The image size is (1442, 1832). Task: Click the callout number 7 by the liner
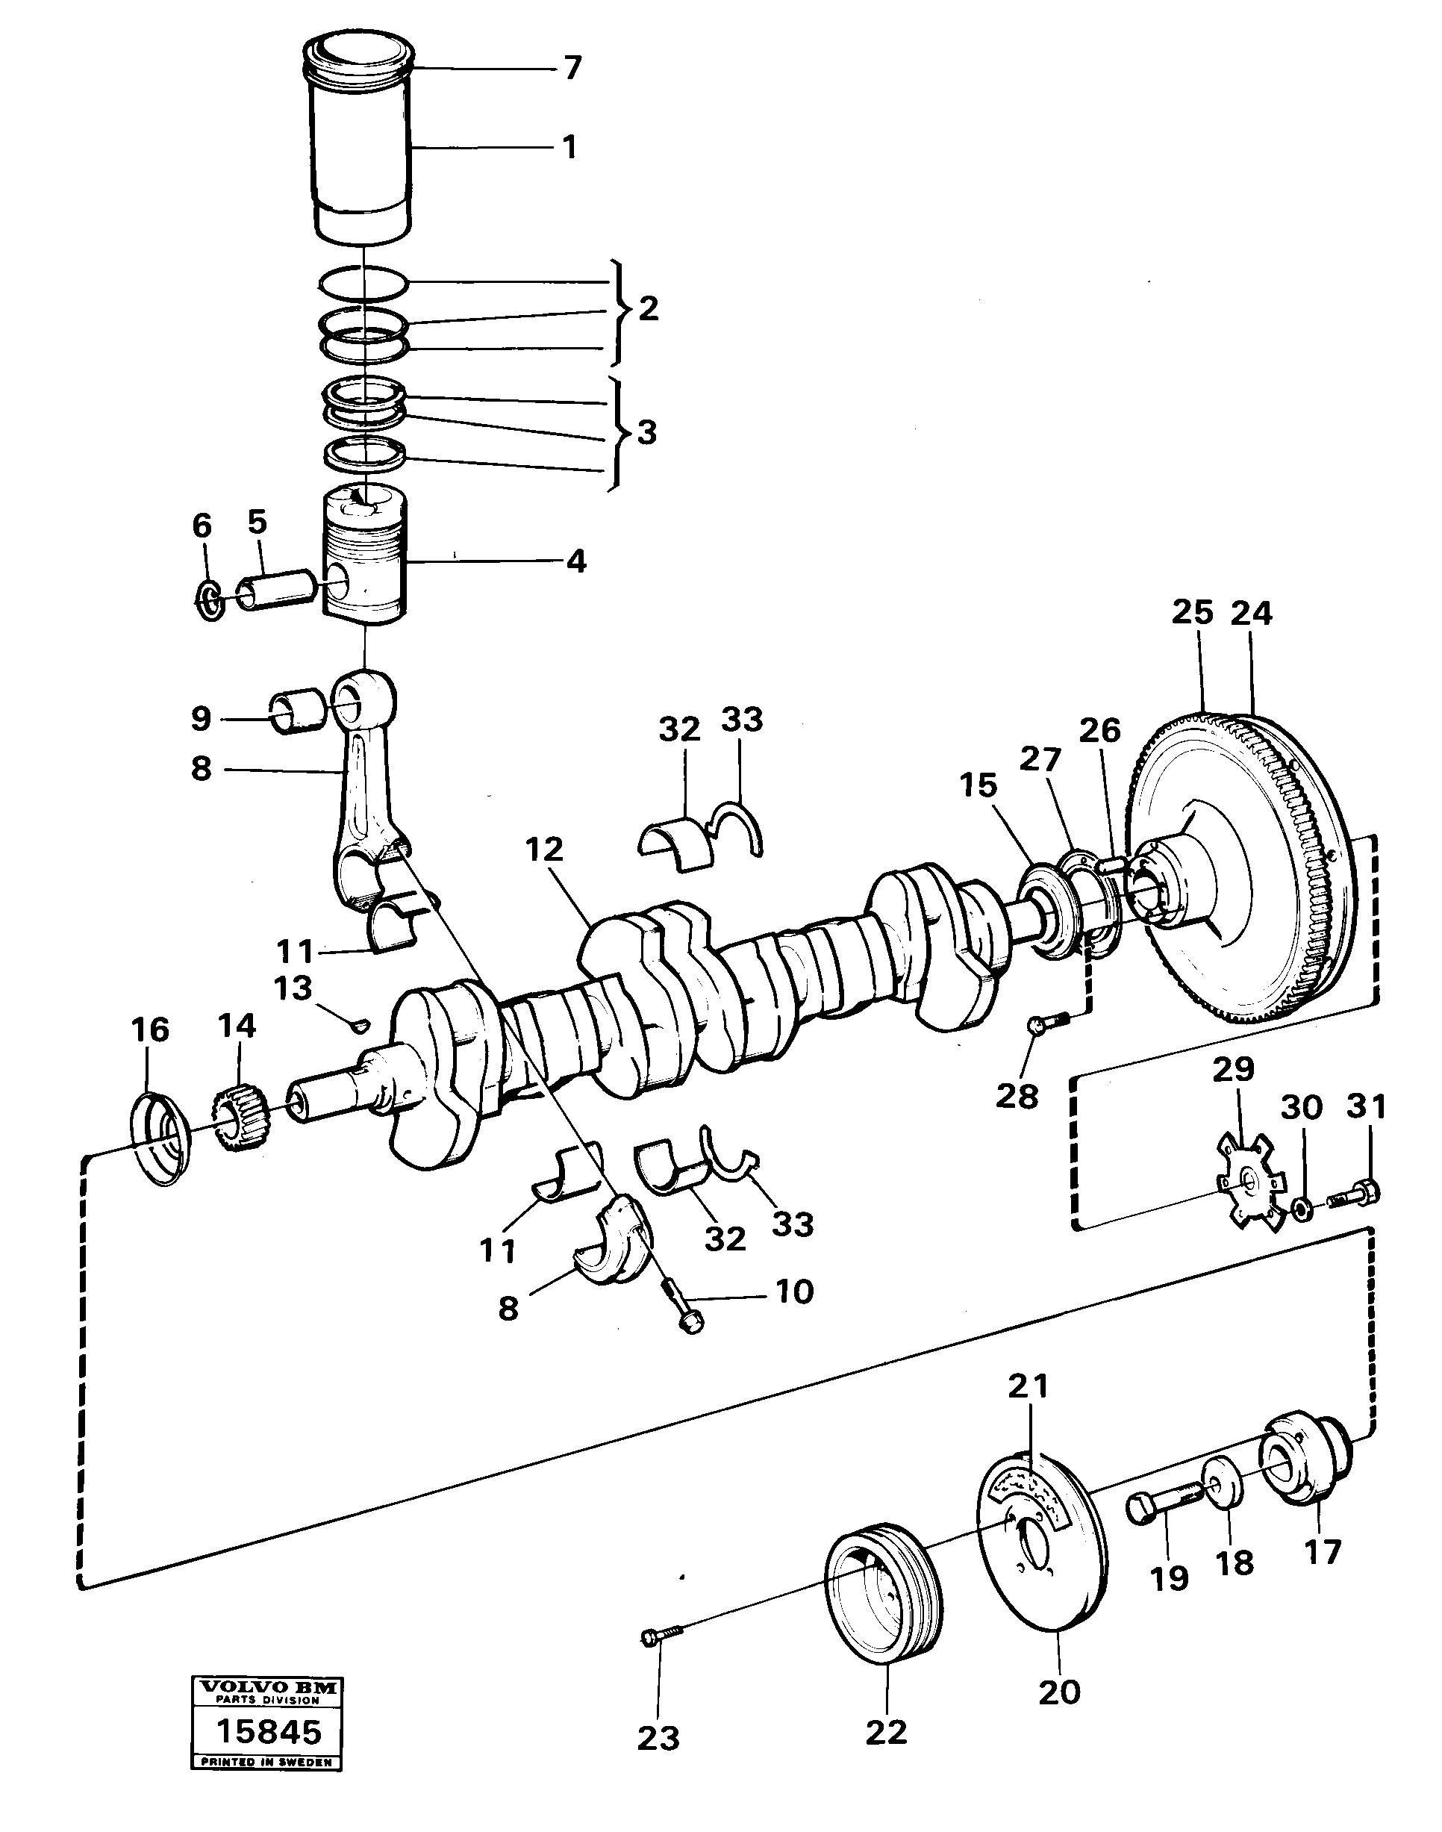click(x=572, y=67)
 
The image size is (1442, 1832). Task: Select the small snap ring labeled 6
click(x=208, y=601)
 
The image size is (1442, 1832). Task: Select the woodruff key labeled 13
click(x=360, y=1025)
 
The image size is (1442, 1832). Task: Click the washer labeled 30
click(x=1302, y=1212)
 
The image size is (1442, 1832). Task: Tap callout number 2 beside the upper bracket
click(x=648, y=309)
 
